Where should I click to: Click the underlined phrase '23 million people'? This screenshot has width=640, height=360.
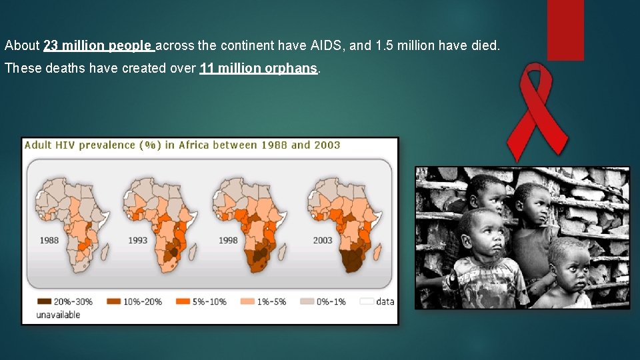99,46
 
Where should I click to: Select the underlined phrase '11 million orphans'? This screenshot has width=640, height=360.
259,69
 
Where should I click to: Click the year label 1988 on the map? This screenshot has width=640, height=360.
49,240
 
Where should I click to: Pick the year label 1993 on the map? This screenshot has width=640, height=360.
138,240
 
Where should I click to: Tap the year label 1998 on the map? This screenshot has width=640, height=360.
228,240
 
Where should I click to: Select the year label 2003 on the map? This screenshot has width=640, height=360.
323,240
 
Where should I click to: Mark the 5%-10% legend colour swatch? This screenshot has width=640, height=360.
182,301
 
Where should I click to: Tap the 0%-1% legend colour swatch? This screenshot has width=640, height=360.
307,301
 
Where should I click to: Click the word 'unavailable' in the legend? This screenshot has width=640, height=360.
58,314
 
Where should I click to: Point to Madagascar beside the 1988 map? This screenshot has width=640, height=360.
103,251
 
